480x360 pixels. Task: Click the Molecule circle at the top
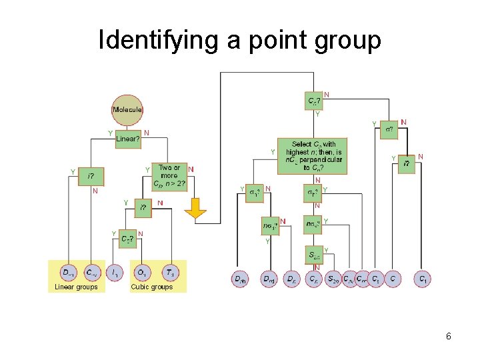(127, 109)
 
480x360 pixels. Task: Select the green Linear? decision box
(128, 139)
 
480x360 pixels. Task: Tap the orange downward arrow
(196, 209)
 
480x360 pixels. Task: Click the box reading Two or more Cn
(169, 176)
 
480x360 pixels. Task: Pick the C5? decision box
(127, 238)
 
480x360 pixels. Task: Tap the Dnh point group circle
(241, 279)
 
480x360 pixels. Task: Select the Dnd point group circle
(269, 279)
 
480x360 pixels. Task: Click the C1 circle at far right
(422, 279)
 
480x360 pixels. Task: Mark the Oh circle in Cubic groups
(141, 273)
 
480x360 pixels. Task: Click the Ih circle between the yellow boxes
(115, 273)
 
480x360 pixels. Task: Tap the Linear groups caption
(76, 287)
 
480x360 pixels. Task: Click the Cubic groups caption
(152, 287)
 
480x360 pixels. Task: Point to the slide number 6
(449, 337)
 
